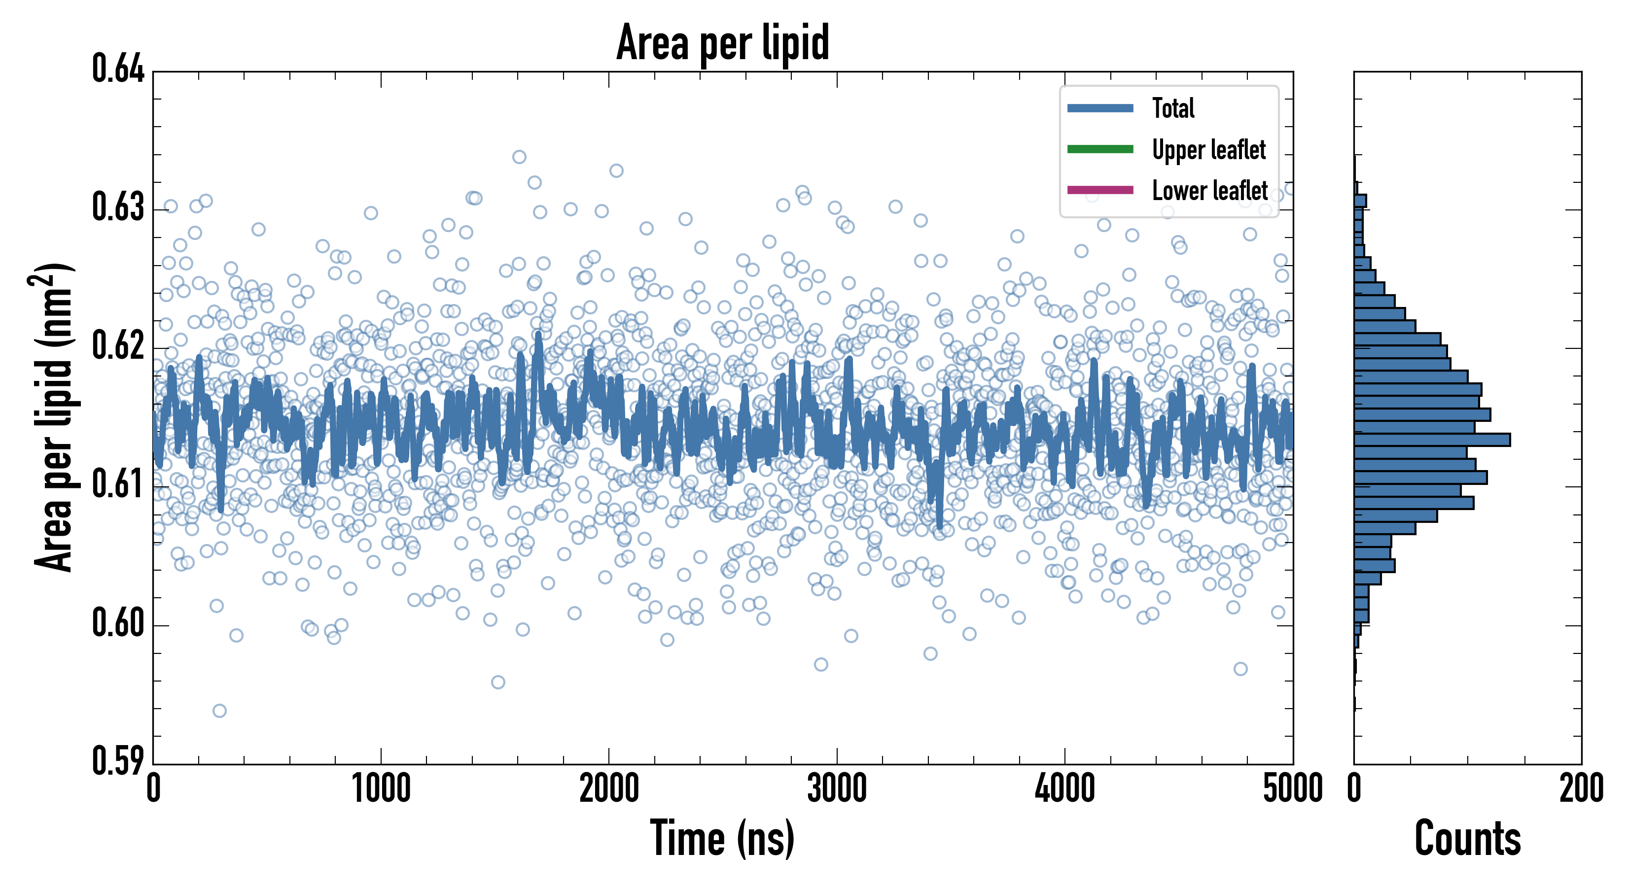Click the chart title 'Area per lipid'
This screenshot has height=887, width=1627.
click(723, 42)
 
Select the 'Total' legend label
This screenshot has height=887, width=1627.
click(1173, 108)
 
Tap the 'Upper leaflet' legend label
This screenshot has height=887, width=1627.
click(1208, 150)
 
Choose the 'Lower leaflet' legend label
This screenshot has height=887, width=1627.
click(1209, 190)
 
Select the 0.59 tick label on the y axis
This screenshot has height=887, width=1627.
click(118, 761)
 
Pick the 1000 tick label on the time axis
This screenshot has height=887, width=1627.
click(381, 789)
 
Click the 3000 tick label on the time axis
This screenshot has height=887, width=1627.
click(837, 789)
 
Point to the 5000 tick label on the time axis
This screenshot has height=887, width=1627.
click(1292, 789)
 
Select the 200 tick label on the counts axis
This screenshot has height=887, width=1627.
click(1581, 789)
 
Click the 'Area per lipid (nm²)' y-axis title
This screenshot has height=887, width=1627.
click(54, 417)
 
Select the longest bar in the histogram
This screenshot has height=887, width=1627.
click(1432, 440)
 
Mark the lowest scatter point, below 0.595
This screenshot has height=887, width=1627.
click(219, 711)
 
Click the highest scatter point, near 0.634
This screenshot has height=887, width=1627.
click(519, 157)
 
